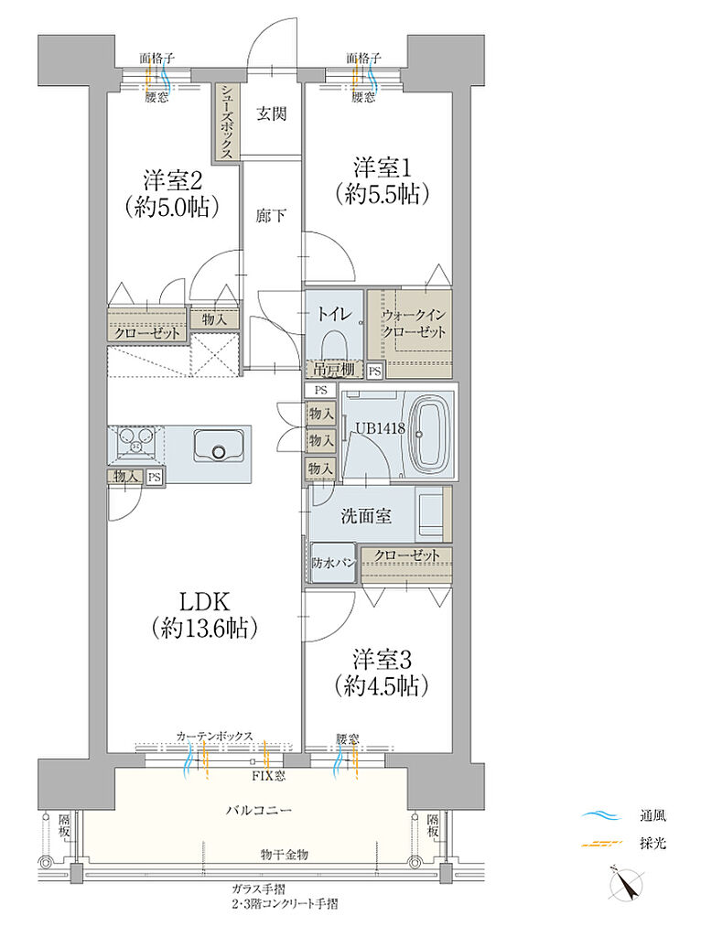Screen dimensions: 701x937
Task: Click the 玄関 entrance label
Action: [271, 113]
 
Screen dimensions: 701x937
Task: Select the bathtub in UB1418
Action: [431, 434]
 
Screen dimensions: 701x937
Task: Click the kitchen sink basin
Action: [218, 447]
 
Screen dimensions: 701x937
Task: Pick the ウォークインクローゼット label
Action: [414, 323]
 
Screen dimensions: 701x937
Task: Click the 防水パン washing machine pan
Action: [333, 563]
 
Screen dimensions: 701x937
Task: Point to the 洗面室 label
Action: [366, 516]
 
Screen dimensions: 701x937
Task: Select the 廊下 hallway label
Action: [271, 215]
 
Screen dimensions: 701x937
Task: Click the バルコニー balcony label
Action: [259, 811]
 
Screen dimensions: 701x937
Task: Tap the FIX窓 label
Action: [267, 776]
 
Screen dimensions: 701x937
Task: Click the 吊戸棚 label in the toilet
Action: [334, 371]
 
